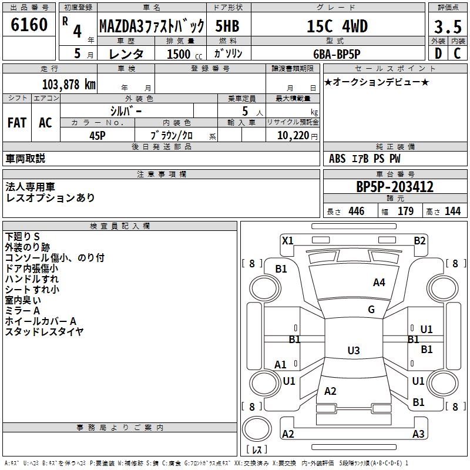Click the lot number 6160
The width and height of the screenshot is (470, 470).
29,25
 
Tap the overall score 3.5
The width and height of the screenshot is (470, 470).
448,26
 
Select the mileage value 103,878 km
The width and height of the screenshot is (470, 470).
69,85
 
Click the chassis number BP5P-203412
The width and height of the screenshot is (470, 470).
395,187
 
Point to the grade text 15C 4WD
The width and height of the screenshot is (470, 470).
337,26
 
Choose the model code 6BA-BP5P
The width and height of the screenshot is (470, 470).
337,54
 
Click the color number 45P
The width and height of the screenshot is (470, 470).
98,136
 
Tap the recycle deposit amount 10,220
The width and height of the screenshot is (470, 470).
293,135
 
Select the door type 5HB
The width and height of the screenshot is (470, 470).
227,26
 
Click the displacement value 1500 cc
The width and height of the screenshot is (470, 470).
184,54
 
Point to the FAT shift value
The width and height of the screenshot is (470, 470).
17,123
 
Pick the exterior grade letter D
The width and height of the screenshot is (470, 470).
438,53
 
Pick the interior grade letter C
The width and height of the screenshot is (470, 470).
457,53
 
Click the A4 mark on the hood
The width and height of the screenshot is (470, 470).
379,283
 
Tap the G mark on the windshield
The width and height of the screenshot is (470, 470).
371,310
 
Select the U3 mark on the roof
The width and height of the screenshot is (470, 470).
354,350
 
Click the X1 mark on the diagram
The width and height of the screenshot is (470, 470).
288,241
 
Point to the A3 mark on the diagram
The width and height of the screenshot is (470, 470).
418,434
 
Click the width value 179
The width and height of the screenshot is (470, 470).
405,211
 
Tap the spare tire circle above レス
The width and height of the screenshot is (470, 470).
257,429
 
